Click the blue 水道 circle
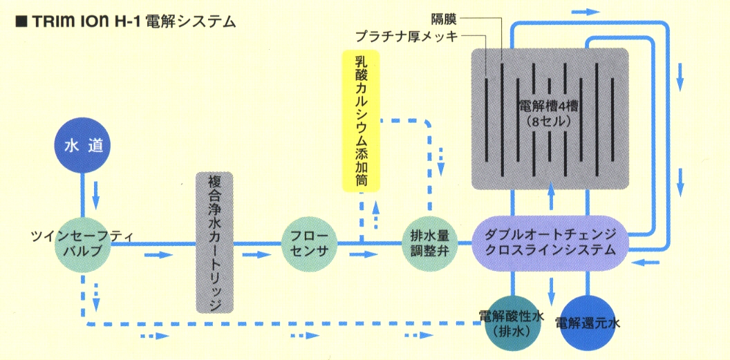[82, 147]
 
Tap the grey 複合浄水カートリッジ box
[214, 243]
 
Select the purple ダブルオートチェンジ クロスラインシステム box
[550, 243]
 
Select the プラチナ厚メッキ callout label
[406, 35]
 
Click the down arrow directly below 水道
[95, 196]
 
